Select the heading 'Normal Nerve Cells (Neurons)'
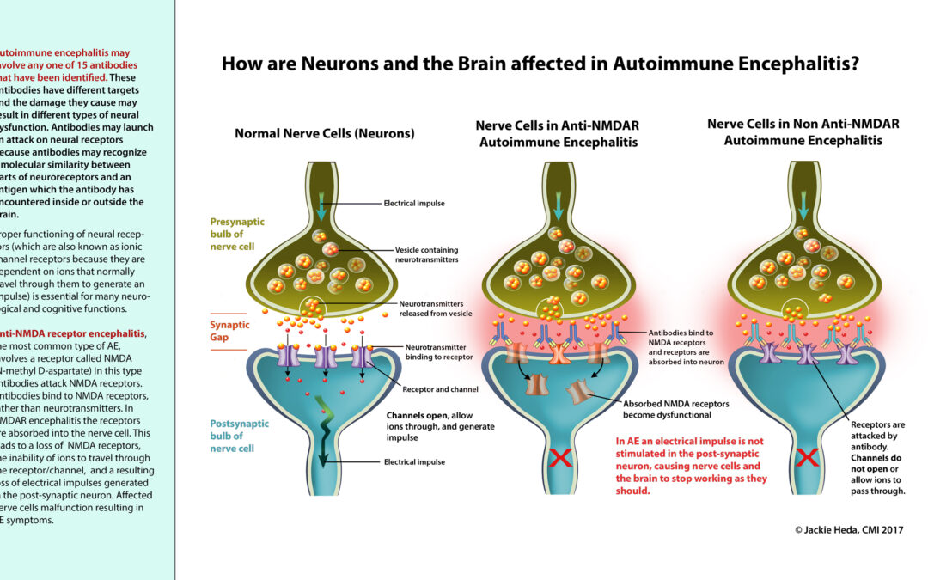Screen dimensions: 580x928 pyautogui.click(x=325, y=134)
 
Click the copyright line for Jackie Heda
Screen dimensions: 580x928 pyautogui.click(x=849, y=530)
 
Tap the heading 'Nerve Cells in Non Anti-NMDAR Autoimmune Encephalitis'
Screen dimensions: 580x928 pyautogui.click(x=803, y=131)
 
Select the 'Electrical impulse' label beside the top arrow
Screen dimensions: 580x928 pyautogui.click(x=414, y=205)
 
